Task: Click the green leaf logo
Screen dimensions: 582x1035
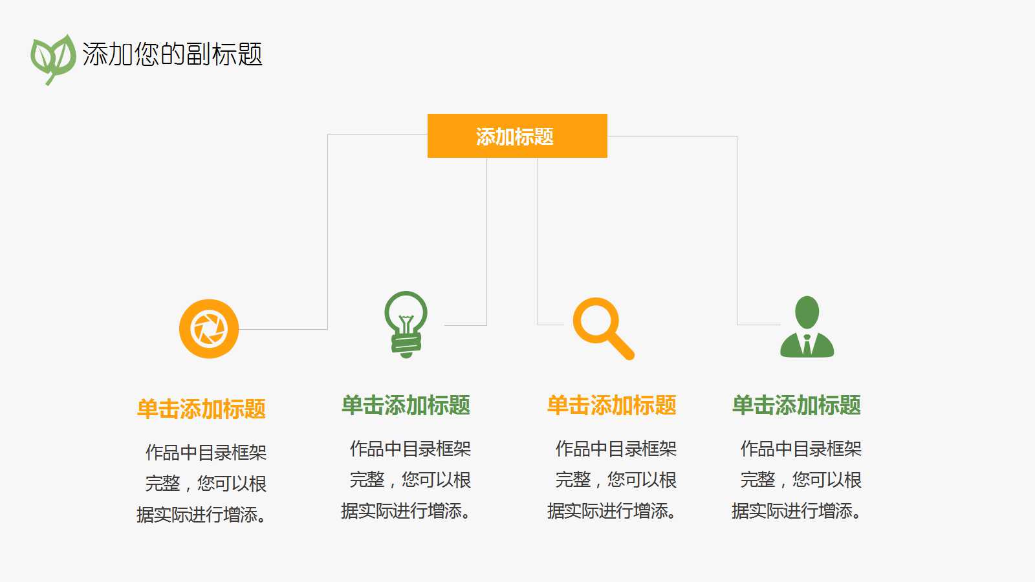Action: [x=52, y=58]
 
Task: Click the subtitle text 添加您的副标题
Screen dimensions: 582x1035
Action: [x=172, y=54]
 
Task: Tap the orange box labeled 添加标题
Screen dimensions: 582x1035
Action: [x=517, y=136]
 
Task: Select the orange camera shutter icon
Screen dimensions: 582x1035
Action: [x=209, y=329]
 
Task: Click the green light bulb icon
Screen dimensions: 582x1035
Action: [x=406, y=323]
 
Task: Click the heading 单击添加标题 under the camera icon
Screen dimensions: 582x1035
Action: [x=201, y=409]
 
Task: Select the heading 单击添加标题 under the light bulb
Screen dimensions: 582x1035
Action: [x=406, y=405]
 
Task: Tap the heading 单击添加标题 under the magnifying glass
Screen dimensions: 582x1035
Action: [x=611, y=405]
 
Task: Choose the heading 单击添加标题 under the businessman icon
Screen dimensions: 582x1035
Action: [x=796, y=405]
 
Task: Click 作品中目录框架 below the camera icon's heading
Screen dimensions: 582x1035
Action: [x=206, y=452]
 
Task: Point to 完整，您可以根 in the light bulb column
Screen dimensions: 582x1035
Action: [x=410, y=480]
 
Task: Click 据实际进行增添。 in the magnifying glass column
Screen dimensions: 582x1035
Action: [x=612, y=511]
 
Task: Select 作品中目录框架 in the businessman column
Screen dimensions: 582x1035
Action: [x=801, y=449]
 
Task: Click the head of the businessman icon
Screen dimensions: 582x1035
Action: [x=807, y=312]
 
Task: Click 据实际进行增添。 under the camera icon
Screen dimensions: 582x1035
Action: [x=201, y=515]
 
